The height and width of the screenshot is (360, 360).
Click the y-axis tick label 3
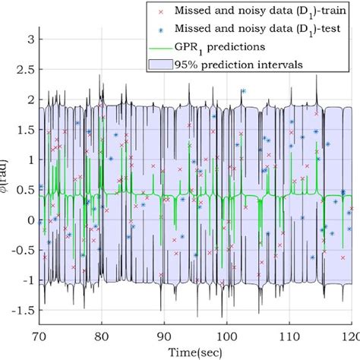click(27, 39)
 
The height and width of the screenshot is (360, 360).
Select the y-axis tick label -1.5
click(21, 311)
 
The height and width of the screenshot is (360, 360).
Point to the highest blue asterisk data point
click(243, 90)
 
